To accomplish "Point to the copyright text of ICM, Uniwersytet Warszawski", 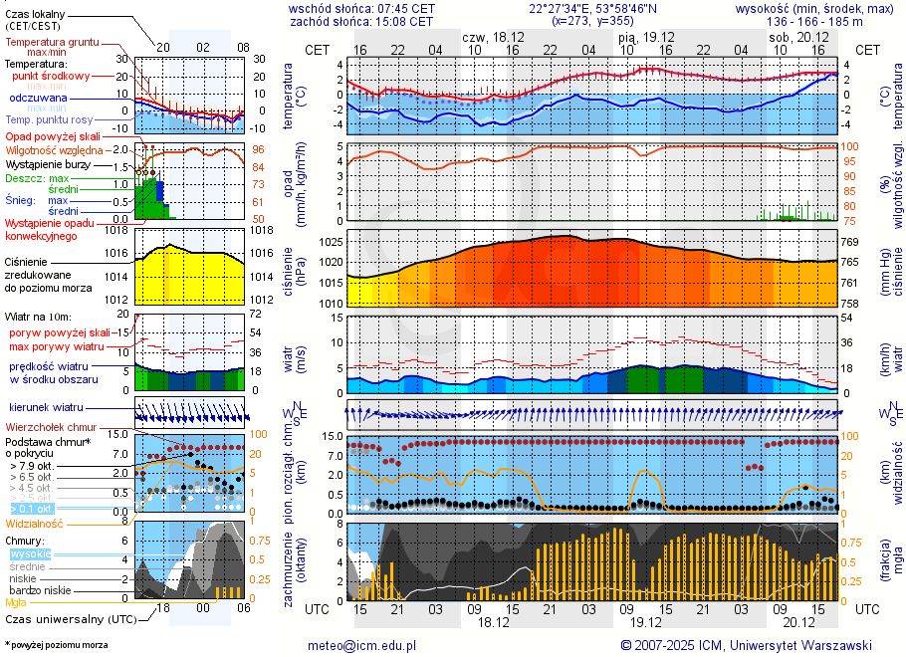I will tap(746, 645).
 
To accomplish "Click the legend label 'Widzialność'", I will tap(34, 523).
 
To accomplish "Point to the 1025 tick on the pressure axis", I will tap(333, 242).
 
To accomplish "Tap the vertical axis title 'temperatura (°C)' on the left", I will tap(289, 96).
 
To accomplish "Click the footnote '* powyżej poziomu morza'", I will tap(56, 645).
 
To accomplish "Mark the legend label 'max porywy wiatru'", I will tap(57, 346).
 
